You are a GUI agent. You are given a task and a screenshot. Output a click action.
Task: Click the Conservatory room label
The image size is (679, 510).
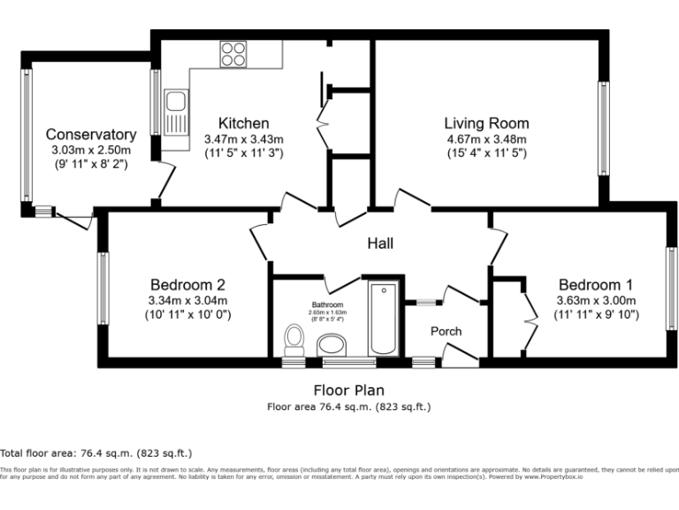91,135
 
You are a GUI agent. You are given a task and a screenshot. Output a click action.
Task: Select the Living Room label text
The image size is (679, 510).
486,123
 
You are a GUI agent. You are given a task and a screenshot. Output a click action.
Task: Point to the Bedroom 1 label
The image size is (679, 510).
596,284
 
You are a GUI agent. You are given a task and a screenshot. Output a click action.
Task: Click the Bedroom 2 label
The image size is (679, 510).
187,284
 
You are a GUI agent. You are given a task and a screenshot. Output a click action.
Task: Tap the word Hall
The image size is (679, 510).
379,243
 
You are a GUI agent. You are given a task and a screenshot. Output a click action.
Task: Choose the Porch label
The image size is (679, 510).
446,331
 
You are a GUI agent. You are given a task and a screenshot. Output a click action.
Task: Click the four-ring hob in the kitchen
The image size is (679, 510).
233,54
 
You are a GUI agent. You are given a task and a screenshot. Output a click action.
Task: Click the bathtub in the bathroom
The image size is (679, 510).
385,319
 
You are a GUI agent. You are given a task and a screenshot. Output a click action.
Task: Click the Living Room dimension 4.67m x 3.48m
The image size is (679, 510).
486,139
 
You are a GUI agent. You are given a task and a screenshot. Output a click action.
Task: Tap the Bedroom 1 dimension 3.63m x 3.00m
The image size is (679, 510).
596,300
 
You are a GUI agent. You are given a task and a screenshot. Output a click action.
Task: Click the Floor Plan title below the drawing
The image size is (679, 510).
348,390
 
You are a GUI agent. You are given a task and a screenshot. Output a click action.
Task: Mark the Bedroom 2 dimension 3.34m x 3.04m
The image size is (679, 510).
187,300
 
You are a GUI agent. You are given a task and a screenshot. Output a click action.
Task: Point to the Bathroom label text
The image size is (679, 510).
327,304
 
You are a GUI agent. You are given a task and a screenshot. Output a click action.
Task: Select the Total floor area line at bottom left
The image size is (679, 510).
96,452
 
